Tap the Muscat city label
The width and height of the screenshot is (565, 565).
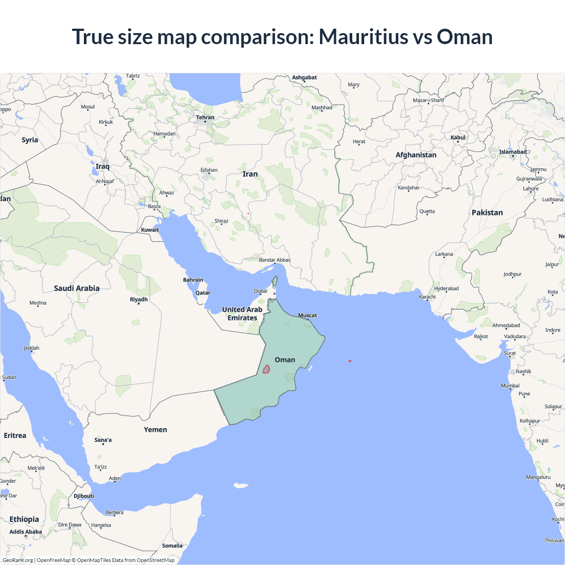[308, 315]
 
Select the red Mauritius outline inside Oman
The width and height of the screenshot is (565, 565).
[266, 369]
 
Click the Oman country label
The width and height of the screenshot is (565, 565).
[285, 360]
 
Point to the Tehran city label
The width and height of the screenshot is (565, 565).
[205, 117]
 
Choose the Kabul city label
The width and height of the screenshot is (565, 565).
[458, 137]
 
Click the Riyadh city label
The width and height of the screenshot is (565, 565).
[139, 299]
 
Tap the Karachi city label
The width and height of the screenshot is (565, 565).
[427, 297]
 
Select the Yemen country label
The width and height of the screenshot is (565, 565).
[155, 429]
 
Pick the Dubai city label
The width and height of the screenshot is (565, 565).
[260, 291]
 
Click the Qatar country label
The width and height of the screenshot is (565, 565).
[203, 293]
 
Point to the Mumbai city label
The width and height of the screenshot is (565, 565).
[510, 386]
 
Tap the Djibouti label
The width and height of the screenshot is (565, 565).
[84, 496]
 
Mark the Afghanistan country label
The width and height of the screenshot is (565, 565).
[416, 155]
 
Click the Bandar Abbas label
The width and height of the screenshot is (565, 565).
[275, 260]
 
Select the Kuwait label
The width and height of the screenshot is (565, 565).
[150, 230]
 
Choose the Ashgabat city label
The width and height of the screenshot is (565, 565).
[304, 77]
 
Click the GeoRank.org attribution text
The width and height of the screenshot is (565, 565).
[18, 560]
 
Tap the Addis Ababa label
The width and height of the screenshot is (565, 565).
[26, 531]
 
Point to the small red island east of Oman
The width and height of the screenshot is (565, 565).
[350, 361]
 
